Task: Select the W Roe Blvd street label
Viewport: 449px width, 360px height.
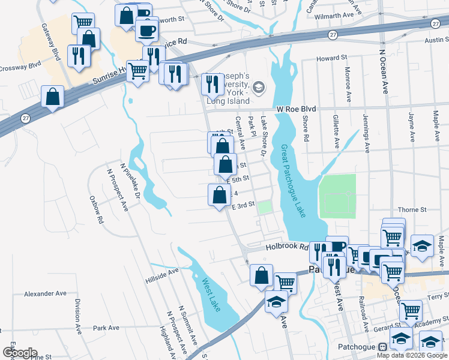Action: (296, 109)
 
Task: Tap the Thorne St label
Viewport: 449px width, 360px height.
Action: (412, 210)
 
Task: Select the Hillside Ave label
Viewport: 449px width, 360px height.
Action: (162, 275)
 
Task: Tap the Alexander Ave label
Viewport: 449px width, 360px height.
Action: (44, 295)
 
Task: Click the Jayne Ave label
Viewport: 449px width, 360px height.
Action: (412, 127)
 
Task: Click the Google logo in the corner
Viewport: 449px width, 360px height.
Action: (19, 352)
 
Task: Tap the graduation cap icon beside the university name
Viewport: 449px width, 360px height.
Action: (259, 88)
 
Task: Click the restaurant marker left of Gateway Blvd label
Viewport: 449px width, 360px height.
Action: (79, 56)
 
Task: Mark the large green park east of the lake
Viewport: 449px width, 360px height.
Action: (337, 196)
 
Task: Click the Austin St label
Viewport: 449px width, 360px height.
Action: (436, 40)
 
